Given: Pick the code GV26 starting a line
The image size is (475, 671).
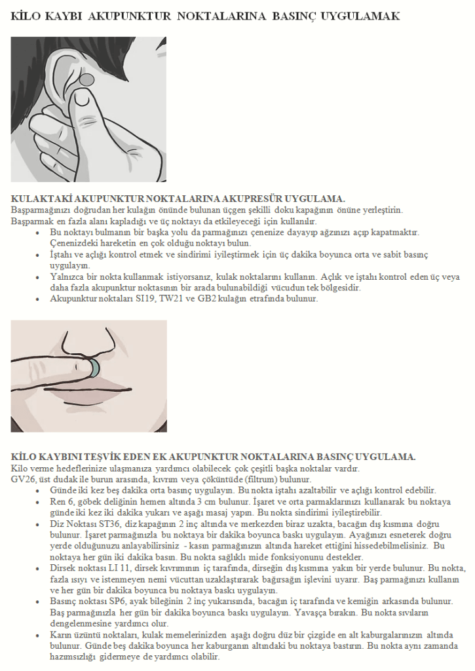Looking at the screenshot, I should [x=24, y=480].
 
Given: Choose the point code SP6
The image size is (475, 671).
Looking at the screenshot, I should [x=121, y=602].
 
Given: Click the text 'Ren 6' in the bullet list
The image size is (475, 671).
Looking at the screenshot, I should [x=62, y=501].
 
